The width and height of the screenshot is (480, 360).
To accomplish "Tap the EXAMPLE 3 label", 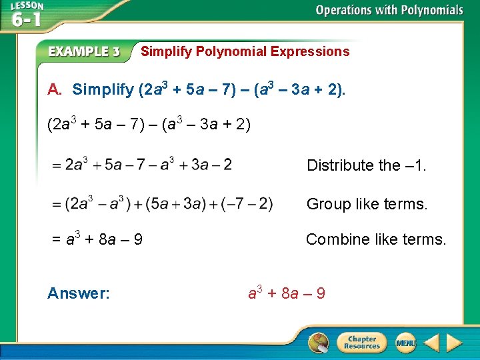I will pos(84,52).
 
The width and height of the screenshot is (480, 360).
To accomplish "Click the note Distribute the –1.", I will pos(366,165).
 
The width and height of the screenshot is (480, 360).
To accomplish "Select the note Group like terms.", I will pos(367,204).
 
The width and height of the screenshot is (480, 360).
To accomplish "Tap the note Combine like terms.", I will pos(376,239).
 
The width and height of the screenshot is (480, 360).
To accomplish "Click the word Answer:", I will pos(79,293).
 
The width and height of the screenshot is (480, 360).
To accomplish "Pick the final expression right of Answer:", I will pos(287,293).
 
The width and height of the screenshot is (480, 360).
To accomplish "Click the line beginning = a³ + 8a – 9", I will pos(97,238).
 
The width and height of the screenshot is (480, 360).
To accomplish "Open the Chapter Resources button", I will pos(361,343).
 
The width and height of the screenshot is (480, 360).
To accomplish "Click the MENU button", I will pos(405,343).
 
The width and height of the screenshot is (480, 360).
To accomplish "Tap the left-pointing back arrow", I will pos(431,343).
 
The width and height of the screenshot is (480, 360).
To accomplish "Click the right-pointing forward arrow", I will pos(454,343).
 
